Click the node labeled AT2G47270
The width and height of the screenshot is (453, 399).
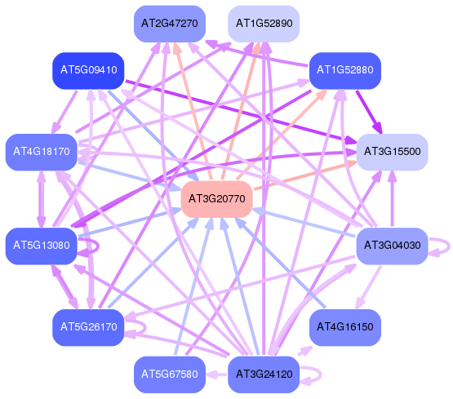click(x=170, y=24)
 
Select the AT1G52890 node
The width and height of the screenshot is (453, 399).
click(x=264, y=24)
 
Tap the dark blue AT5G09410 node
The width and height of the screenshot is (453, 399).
click(x=88, y=71)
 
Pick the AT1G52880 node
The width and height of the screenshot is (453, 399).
click(x=345, y=71)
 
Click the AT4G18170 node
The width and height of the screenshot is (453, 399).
click(x=42, y=152)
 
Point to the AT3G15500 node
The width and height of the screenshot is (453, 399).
click(x=392, y=152)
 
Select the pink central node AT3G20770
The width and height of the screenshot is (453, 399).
click(x=216, y=199)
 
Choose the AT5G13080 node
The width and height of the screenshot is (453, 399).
click(x=42, y=246)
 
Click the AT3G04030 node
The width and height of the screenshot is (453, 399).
click(x=392, y=246)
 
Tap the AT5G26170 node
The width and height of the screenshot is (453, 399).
click(x=88, y=327)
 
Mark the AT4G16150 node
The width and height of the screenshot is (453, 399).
click(x=345, y=327)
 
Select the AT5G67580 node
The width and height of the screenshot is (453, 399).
click(x=170, y=375)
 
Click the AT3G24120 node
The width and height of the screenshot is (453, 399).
click(x=264, y=375)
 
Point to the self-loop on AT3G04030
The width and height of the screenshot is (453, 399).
click(x=449, y=246)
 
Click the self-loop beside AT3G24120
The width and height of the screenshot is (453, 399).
click(x=321, y=375)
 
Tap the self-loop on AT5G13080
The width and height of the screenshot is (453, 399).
click(x=99, y=246)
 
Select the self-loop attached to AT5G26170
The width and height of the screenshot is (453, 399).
click(x=145, y=327)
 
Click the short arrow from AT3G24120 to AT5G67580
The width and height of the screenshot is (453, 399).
click(x=216, y=375)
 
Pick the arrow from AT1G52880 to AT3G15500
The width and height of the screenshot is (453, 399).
click(x=369, y=112)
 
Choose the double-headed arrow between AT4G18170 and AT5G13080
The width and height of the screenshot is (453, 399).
click(x=42, y=199)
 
